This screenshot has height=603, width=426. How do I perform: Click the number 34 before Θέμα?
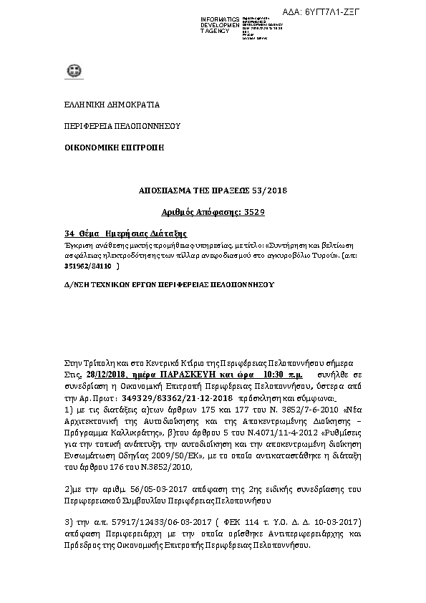tap(69, 233)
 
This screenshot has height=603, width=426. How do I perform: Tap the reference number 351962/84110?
tap(89, 266)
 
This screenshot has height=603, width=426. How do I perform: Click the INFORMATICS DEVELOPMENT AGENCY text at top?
tap(221, 25)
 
